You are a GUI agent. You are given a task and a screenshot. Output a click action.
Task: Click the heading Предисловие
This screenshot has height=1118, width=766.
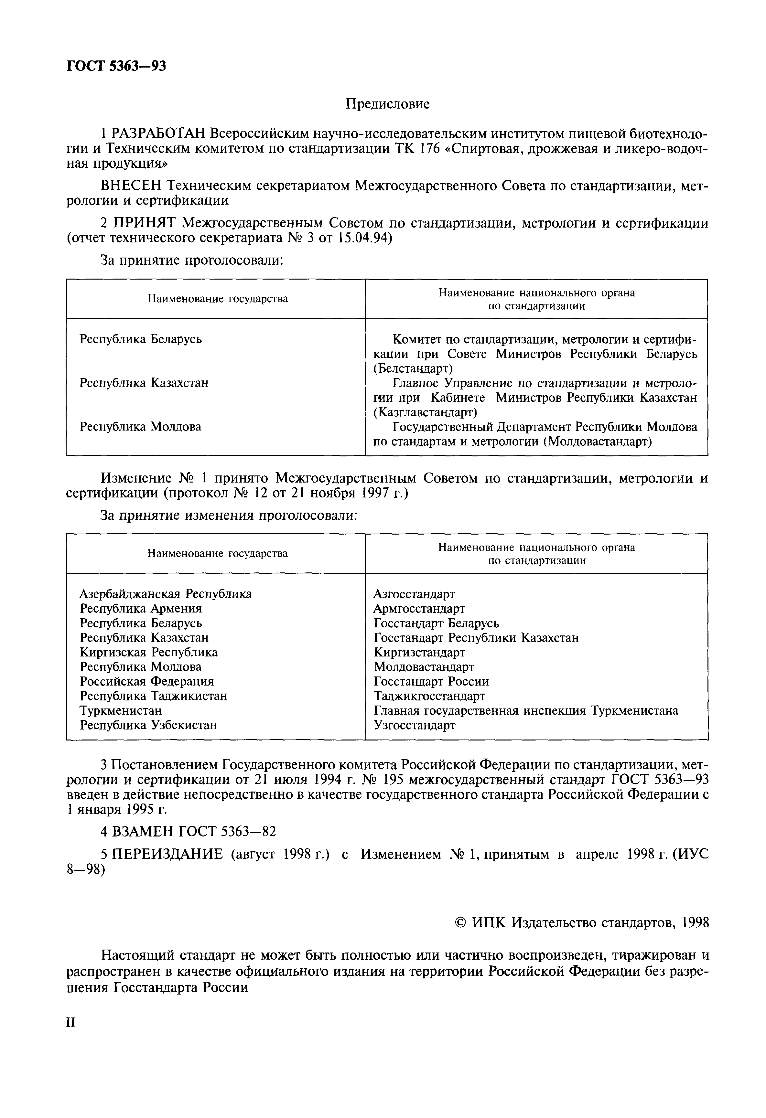click(387, 104)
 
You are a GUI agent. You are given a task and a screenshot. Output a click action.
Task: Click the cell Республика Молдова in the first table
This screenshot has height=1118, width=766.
click(141, 427)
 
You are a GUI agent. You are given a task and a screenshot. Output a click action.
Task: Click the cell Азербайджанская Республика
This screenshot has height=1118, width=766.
click(166, 594)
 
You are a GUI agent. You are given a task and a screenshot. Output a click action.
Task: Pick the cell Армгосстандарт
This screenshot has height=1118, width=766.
click(419, 609)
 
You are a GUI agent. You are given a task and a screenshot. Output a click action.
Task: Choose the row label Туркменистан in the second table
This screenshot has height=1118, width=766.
click(121, 710)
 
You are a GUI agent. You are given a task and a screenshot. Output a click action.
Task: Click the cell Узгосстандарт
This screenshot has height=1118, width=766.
click(414, 725)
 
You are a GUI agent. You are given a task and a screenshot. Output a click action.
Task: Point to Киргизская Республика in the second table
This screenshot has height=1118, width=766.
click(149, 652)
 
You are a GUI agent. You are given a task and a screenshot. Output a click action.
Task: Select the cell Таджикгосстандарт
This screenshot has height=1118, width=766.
click(429, 696)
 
